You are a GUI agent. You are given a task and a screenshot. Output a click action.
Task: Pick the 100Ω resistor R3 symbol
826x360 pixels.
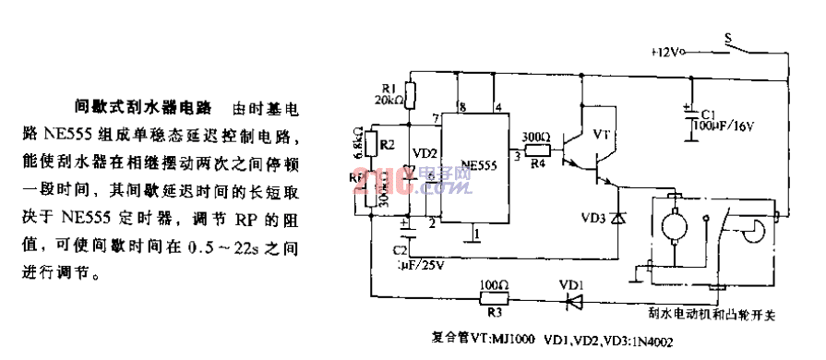(495, 296)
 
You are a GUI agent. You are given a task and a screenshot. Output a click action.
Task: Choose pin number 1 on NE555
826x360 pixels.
(475, 234)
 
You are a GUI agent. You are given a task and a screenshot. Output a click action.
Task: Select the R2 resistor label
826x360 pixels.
(389, 144)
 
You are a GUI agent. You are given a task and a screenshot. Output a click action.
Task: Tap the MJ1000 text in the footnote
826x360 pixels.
(515, 339)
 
